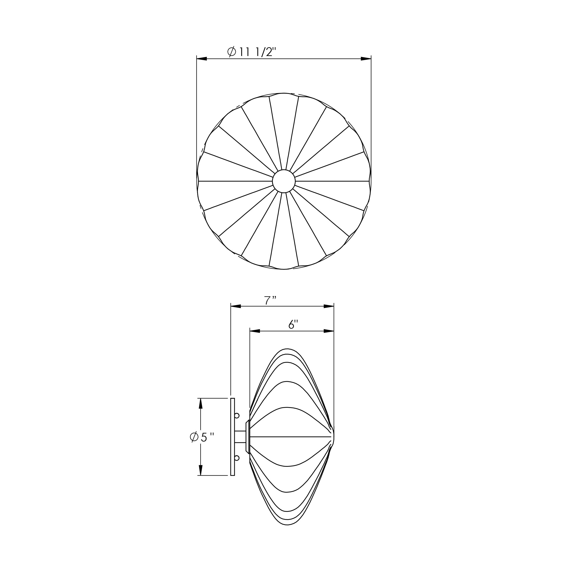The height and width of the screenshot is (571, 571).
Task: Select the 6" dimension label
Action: (x=293, y=325)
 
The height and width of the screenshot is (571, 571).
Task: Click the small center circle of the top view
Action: (x=284, y=181)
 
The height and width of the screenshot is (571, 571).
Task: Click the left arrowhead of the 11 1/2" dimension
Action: (x=202, y=59)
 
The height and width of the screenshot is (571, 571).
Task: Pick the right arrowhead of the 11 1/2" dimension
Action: (x=366, y=59)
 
